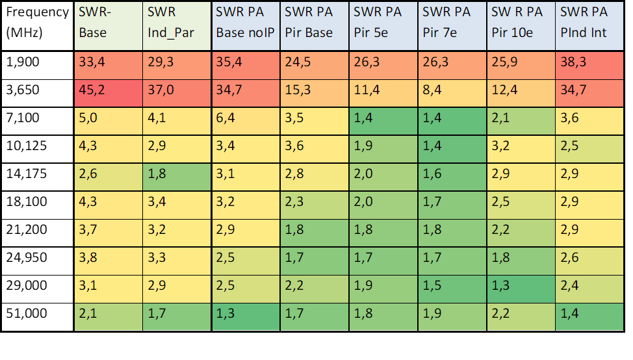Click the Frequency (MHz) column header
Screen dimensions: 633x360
[x=38, y=26]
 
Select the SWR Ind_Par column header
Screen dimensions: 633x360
[x=177, y=26]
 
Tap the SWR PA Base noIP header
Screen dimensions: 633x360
[x=246, y=26]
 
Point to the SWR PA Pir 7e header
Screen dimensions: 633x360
[x=452, y=26]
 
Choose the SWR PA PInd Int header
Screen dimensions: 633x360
[x=590, y=26]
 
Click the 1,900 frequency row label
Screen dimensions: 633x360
[x=38, y=66]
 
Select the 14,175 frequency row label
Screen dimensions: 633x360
[x=38, y=177]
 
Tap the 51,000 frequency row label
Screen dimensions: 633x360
[x=38, y=317]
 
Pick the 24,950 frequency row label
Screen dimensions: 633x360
[x=38, y=261]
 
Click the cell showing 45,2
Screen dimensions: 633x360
[x=108, y=93]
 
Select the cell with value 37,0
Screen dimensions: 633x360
[x=177, y=93]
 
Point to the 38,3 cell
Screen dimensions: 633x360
[x=590, y=66]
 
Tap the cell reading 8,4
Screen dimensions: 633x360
[x=452, y=93]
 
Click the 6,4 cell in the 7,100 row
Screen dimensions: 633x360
[x=246, y=121]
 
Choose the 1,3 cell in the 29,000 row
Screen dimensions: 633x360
[x=521, y=289]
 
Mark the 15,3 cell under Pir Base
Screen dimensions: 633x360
[x=315, y=93]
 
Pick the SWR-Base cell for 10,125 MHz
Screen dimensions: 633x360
[x=108, y=149]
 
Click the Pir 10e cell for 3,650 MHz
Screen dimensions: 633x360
[x=521, y=93]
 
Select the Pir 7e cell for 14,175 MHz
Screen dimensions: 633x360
[x=452, y=177]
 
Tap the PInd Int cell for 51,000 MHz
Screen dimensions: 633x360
[x=590, y=317]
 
